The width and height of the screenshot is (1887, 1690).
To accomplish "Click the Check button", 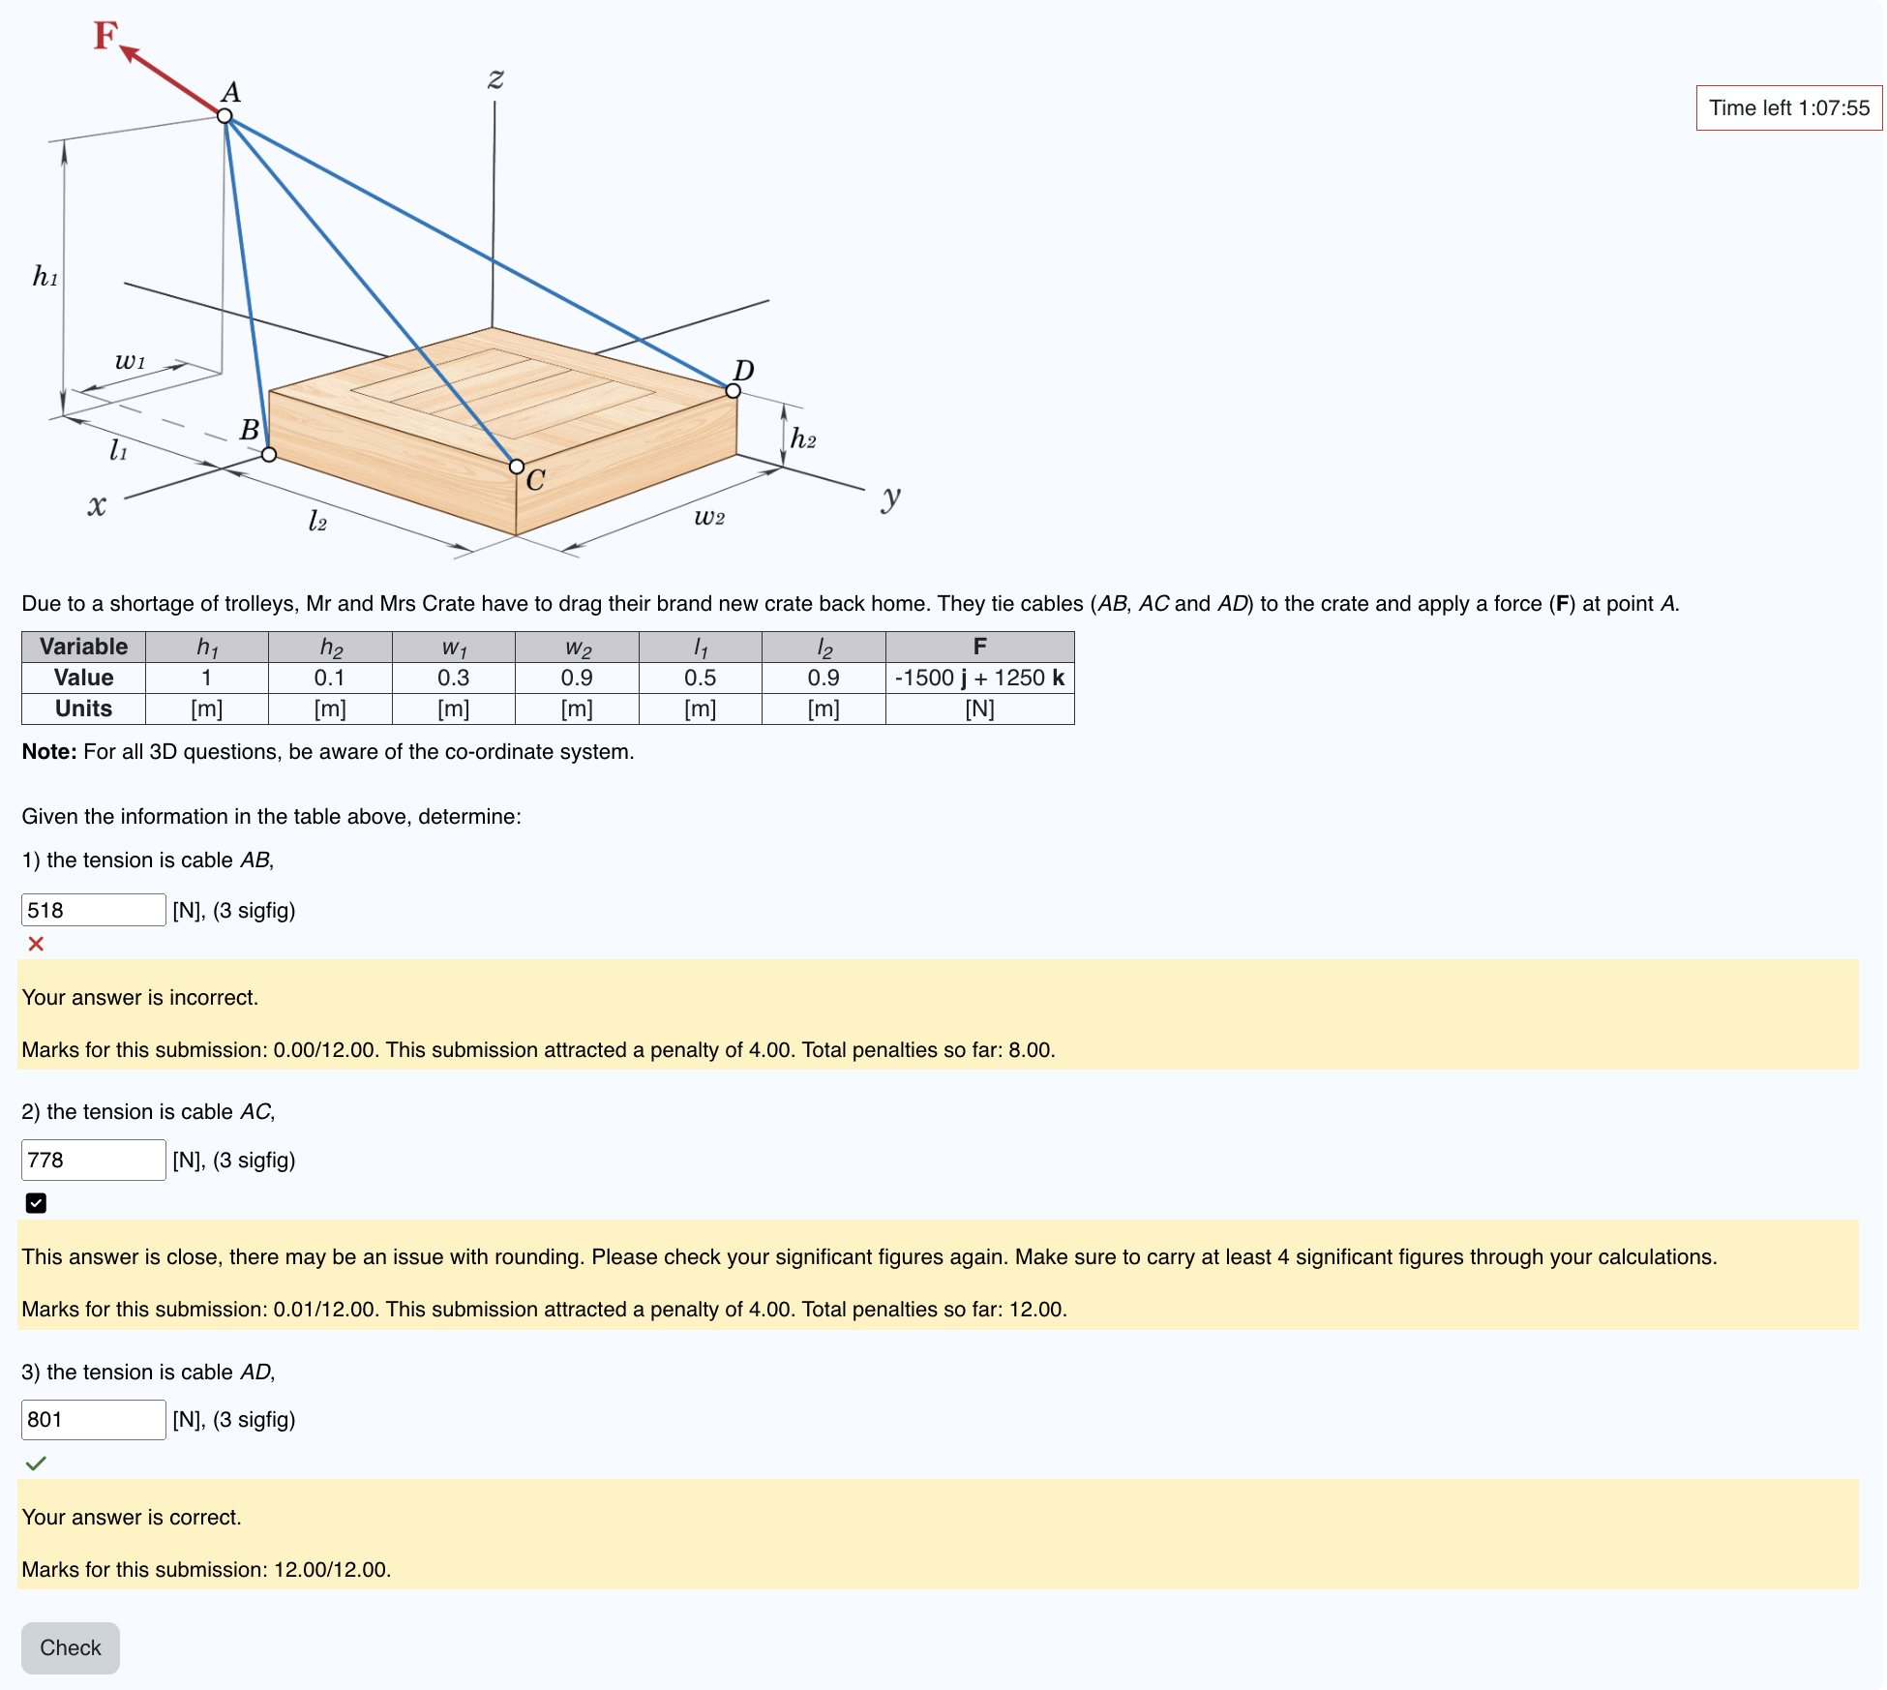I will (x=70, y=1647).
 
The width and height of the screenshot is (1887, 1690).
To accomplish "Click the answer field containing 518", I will (x=93, y=910).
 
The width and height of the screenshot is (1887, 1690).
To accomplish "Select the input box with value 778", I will (x=93, y=1160).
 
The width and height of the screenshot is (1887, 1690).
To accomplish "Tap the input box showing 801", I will (x=93, y=1419).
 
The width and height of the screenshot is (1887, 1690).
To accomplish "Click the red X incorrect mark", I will (x=36, y=944).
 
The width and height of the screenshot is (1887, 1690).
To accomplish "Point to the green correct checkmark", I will (x=36, y=1464).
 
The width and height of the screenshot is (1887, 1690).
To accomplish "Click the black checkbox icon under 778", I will (x=36, y=1203).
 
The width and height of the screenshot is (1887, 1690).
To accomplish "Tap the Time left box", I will (x=1788, y=107).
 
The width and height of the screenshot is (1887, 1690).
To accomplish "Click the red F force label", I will (x=105, y=36).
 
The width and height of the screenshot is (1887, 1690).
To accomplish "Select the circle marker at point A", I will (x=225, y=116).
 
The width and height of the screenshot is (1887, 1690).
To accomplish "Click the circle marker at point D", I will (x=734, y=391).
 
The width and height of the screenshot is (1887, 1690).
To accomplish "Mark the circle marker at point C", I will (x=517, y=467).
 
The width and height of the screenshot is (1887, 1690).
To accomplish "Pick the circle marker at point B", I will (x=269, y=454).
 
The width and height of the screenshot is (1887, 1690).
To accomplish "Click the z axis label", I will (x=495, y=77).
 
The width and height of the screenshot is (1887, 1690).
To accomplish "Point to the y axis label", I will (x=890, y=498).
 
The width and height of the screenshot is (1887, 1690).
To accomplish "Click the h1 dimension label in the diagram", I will (x=45, y=277).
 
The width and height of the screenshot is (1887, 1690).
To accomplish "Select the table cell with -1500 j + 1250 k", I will (x=979, y=678).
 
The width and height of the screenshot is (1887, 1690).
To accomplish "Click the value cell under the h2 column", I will (x=330, y=678).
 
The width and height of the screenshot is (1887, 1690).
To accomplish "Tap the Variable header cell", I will (x=83, y=647).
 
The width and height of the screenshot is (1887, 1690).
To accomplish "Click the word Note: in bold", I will (x=48, y=752).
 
